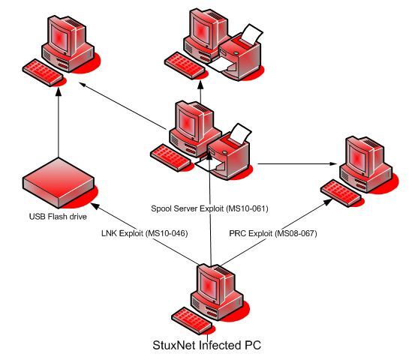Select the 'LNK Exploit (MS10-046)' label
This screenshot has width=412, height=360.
[143, 233]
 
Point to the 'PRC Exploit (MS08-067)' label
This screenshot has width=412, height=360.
[273, 233]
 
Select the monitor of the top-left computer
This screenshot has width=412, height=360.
[71, 37]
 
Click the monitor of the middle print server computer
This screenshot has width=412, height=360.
[191, 120]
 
